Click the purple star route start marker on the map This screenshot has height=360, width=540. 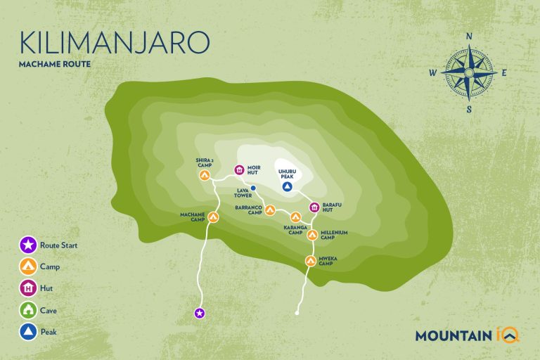click(x=199, y=312)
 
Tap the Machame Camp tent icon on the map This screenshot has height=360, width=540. click(x=213, y=217)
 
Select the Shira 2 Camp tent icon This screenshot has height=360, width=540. click(x=204, y=175)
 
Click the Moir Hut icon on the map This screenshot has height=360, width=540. click(x=238, y=169)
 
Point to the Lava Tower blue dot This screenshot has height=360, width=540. click(x=253, y=188)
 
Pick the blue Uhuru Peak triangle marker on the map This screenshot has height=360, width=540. click(x=287, y=187)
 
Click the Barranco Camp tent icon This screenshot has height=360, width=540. click(x=270, y=210)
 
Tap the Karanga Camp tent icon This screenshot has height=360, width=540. click(x=295, y=217)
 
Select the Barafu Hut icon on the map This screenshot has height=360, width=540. click(x=314, y=207)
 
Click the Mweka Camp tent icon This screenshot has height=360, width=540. click(x=311, y=261)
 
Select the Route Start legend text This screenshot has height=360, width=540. click(x=60, y=245)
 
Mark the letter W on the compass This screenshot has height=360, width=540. click(x=434, y=72)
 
